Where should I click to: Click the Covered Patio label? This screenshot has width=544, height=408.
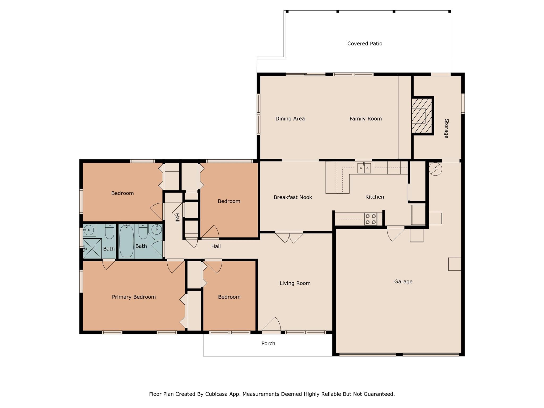pos(364,44)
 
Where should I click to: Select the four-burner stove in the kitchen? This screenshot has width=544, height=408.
pos(371,219)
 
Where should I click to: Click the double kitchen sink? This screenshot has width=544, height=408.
pos(364,168)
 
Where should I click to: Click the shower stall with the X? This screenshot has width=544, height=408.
pos(92,249)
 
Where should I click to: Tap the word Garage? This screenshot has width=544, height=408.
pos(403,282)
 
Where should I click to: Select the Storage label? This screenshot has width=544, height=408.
pos(446,129)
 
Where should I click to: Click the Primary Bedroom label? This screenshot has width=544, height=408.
pos(134,297)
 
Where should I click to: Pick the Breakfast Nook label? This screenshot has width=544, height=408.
pos(293,197)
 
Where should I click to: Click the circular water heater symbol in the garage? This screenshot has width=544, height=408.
pos(435,169)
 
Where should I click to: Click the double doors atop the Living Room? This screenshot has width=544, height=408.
pos(289,237)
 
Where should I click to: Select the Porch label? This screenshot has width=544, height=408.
pos(268,343)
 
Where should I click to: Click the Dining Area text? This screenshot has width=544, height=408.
pos(290,119)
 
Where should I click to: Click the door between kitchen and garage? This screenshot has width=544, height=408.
pos(395,234)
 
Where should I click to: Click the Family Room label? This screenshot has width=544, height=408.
pos(365,119)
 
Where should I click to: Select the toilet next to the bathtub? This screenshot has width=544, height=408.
pos(143,231)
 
